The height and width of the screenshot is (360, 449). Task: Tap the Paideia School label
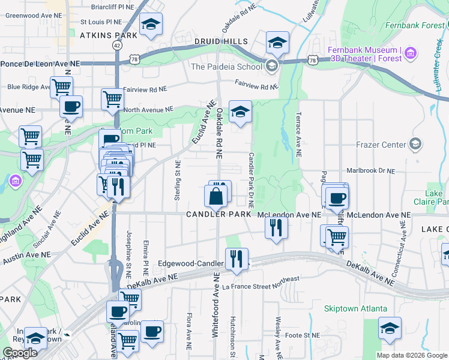point(226,67)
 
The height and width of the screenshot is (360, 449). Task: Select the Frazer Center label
point(382,145)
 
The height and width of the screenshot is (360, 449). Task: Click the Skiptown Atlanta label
point(354,308)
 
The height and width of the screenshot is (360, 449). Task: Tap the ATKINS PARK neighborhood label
point(109,35)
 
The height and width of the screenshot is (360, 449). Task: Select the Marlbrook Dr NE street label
point(371,170)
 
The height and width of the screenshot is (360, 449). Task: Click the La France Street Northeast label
point(261,283)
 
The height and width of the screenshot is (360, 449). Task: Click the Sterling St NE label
point(178,180)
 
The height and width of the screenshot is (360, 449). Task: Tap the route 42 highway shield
point(116,45)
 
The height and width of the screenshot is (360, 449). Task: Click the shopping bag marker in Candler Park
point(215,195)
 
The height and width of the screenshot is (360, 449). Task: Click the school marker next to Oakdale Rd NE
point(241,112)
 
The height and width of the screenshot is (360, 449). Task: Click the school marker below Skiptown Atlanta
point(390,328)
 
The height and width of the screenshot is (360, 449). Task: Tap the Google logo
point(20,353)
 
